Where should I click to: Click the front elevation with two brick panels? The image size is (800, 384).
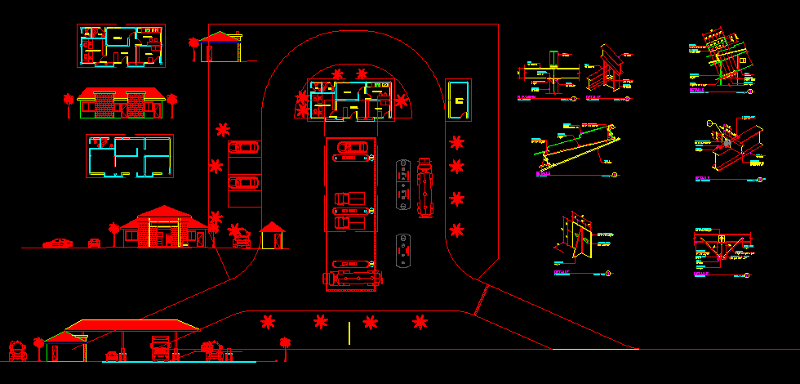pyautogui.click(x=120, y=102)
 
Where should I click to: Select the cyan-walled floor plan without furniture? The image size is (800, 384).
pyautogui.click(x=130, y=156)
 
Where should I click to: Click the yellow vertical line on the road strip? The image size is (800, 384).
pyautogui.click(x=349, y=332)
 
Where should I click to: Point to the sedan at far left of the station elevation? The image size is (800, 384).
pyautogui.click(x=58, y=243)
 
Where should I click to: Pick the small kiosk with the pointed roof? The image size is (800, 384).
pyautogui.click(x=272, y=235)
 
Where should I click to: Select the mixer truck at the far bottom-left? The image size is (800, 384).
pyautogui.click(x=18, y=351)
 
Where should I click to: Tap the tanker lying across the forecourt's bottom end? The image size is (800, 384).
pyautogui.click(x=353, y=279)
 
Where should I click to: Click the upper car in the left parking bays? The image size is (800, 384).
pyautogui.click(x=243, y=148)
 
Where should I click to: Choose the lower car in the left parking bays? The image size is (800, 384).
pyautogui.click(x=243, y=182)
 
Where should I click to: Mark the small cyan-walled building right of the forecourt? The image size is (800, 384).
pyautogui.click(x=459, y=100)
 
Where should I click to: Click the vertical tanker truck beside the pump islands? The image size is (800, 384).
pyautogui.click(x=424, y=185)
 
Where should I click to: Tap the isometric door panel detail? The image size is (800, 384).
pyautogui.click(x=581, y=241)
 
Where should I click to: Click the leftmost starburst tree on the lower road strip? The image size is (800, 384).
pyautogui.click(x=267, y=322)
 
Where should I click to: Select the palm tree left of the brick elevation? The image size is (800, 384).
pyautogui.click(x=68, y=102)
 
